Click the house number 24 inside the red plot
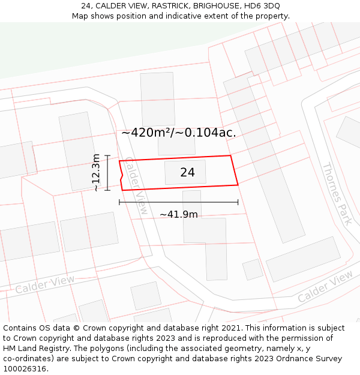(187, 173)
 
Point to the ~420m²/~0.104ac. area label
(178, 133)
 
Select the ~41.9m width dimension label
(178, 214)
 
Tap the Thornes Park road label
(337, 193)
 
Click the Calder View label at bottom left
(45, 284)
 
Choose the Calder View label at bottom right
(325, 286)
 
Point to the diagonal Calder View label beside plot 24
(136, 185)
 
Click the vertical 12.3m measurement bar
(107, 173)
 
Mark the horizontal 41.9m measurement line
(179, 202)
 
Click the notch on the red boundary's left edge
(122, 175)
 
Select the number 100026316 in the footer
(25, 368)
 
